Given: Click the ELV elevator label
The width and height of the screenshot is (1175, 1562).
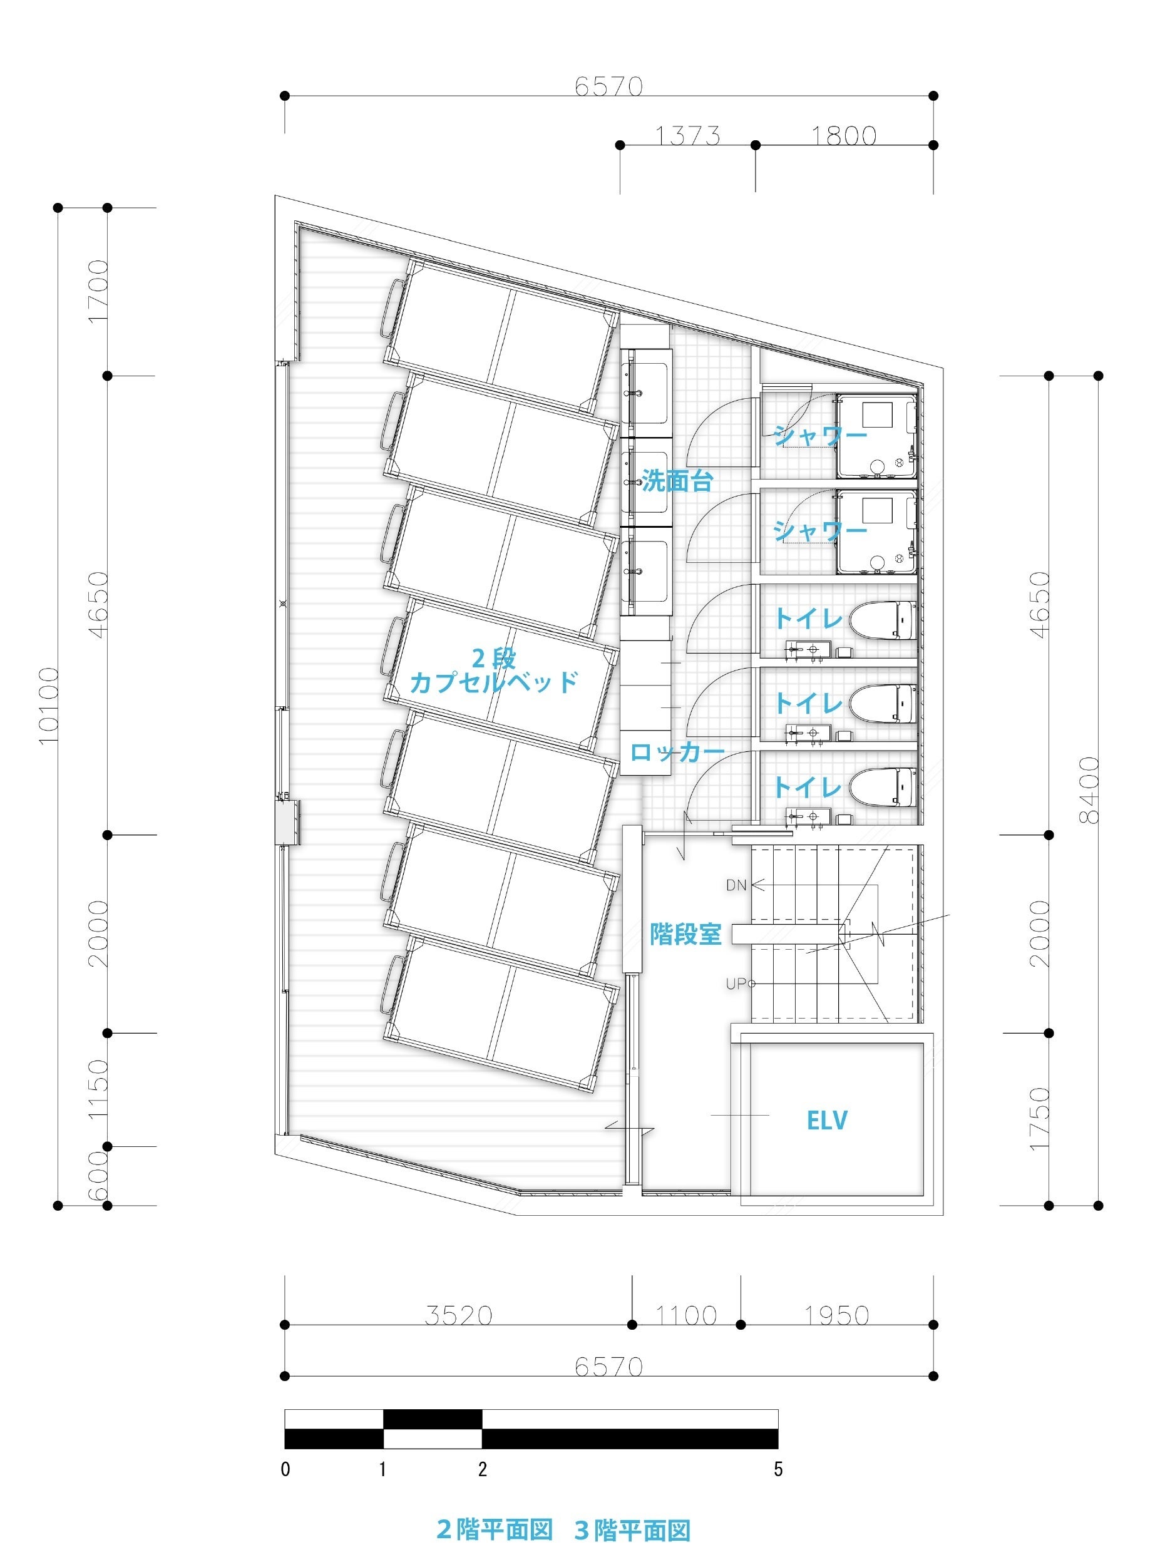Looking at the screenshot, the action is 826,1120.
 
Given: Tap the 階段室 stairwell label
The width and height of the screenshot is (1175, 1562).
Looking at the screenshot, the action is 685,934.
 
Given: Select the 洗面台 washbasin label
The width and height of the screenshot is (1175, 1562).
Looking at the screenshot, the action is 677,481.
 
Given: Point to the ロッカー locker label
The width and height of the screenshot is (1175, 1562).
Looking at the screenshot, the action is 677,752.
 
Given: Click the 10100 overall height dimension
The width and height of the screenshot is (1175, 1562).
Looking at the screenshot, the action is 48,705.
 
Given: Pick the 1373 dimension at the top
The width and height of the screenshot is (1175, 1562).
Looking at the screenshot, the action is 687,135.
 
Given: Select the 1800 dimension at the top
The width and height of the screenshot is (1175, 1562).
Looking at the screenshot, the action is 844,135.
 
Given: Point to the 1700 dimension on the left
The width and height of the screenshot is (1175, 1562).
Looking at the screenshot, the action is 98,291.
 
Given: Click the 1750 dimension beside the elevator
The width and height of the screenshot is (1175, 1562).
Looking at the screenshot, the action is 1039,1119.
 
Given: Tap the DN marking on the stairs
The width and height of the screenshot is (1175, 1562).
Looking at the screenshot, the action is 736,885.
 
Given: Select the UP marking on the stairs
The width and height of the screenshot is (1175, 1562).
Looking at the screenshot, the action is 737,983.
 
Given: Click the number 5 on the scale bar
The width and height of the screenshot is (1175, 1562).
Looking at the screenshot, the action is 777,1469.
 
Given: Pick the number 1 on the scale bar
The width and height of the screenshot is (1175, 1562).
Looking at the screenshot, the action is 382,1469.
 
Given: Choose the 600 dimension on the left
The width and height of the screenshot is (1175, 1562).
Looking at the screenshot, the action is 98,1176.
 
